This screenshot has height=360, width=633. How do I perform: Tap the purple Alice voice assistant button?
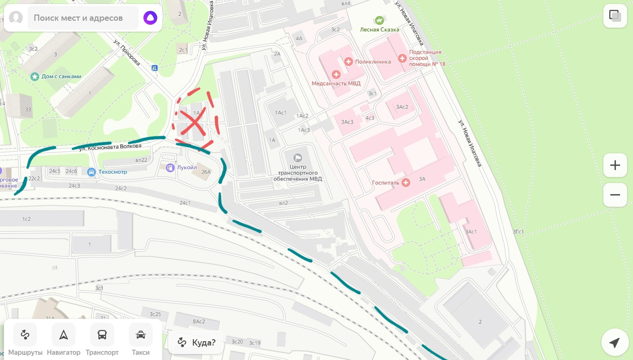point(150,18)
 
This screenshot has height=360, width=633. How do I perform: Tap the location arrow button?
point(615,343)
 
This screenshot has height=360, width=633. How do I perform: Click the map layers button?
point(615,16)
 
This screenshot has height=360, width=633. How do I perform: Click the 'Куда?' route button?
point(197,343)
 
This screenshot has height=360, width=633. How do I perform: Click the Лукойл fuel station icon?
point(171,168)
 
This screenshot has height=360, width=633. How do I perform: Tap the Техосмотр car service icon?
point(91,172)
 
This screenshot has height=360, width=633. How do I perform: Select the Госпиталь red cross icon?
point(406,182)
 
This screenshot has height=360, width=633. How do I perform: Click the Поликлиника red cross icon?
point(349,62)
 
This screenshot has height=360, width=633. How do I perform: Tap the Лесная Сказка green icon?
point(379,20)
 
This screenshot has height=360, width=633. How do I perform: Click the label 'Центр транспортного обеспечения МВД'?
point(298,173)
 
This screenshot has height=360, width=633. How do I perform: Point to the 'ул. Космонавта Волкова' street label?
point(110,146)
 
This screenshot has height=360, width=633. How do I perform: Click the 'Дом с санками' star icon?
point(35,77)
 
